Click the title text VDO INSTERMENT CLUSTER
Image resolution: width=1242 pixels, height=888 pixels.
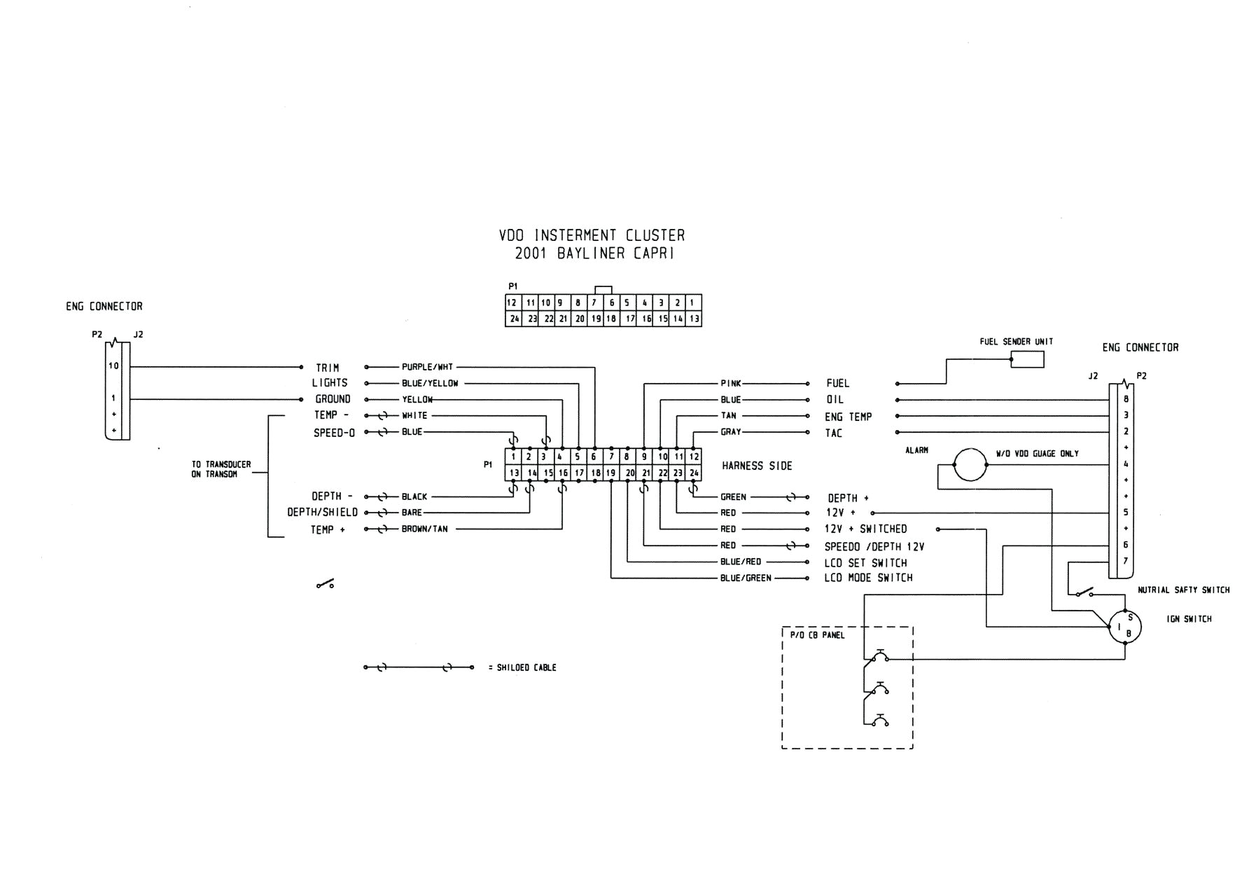[592, 236]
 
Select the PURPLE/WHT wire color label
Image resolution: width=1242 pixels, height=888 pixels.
[427, 367]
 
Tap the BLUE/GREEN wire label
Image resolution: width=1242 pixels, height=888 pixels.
[746, 578]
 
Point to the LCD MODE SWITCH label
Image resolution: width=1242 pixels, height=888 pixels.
[868, 578]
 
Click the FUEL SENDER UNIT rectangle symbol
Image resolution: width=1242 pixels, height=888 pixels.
[1027, 360]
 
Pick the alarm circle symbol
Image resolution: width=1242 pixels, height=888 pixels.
[970, 464]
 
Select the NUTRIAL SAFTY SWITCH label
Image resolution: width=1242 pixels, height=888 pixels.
[1183, 590]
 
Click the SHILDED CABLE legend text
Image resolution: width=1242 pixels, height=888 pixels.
[526, 668]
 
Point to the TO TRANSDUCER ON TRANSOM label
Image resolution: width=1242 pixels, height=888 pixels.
[221, 469]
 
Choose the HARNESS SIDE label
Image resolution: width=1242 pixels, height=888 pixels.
[757, 466]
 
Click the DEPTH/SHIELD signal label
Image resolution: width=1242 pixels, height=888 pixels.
[322, 513]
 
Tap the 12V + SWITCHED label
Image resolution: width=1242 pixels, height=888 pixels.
[866, 529]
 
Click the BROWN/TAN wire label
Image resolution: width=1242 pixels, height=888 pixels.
[424, 529]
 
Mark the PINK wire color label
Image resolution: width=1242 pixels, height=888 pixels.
[730, 384]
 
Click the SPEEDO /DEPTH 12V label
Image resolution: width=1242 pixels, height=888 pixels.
[874, 546]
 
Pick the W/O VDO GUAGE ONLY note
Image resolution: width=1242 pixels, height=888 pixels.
[1037, 454]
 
